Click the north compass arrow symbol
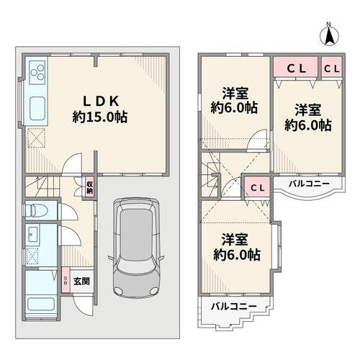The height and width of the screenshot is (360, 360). [328, 32]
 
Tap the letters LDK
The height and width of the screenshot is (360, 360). [99, 100]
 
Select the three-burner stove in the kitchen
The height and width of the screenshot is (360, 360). [36, 71]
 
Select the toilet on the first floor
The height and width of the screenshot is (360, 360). [34, 211]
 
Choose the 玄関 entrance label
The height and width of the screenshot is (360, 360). [81, 281]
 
